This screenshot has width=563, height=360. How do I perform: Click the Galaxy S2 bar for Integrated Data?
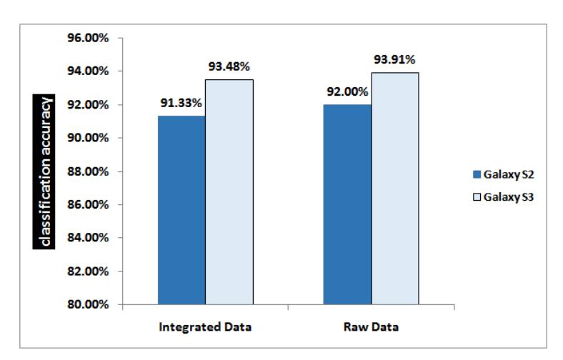[x=181, y=210]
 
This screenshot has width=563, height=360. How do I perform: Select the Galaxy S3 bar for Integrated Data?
[x=229, y=192]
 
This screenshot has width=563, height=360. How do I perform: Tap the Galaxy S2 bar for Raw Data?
[x=347, y=204]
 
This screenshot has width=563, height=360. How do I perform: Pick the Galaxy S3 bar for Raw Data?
[x=395, y=189]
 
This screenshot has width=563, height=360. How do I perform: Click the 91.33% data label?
[x=181, y=103]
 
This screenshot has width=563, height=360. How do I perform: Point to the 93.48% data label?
[x=229, y=66]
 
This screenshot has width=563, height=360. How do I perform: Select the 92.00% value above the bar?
[x=347, y=92]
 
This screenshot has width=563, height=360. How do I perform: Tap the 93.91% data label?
[x=394, y=59]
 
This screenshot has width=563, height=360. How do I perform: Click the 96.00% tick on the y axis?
[x=88, y=38]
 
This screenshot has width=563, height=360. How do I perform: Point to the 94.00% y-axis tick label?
[x=88, y=71]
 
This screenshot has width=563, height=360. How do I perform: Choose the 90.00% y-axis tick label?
[x=88, y=138]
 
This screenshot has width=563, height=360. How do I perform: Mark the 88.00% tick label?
[x=88, y=171]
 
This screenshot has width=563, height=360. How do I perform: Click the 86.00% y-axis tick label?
[x=88, y=204]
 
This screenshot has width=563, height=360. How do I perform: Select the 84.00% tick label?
[x=88, y=238]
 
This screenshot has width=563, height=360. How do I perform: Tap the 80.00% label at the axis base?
[x=88, y=304]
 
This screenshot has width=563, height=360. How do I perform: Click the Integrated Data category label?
[x=205, y=327]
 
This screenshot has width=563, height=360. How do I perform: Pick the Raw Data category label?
[x=371, y=327]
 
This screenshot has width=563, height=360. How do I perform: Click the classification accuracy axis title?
[x=44, y=171]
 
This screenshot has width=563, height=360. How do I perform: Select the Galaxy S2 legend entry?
[x=504, y=174]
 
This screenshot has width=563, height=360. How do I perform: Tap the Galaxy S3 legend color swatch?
[x=477, y=197]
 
